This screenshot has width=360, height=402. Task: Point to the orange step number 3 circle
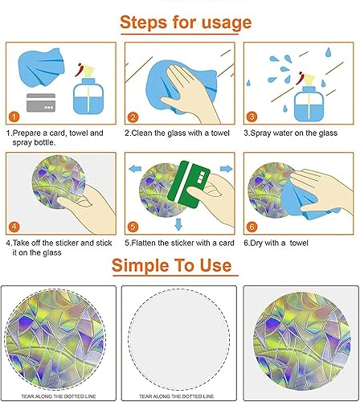tap(251, 115)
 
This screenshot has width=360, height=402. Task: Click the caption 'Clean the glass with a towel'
tap(178, 132)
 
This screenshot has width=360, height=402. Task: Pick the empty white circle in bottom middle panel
tap(179, 338)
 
